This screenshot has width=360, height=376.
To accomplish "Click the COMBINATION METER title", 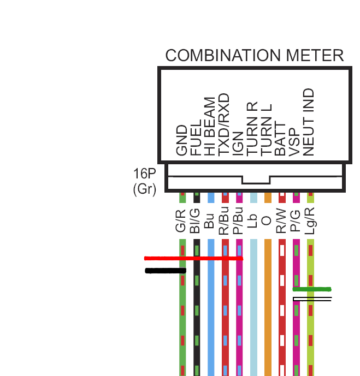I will coord(254,56).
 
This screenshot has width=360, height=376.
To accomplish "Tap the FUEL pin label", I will coord(196,140).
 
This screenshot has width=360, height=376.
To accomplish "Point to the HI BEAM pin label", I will coord(210,128).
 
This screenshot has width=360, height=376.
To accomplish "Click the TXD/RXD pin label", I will coord(225,126).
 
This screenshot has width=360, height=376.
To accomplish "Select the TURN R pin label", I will coord(253,130).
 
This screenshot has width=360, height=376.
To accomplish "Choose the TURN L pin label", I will coord(267,131).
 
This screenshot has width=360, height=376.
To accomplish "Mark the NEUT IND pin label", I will coord(310,123).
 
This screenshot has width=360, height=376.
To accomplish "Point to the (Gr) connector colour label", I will coord(144,189).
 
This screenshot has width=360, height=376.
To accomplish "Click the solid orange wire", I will coord(268,317).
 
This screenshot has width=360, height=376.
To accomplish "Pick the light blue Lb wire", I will coord(253,317).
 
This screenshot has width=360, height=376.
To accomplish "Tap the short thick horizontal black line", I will coord(165,271).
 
